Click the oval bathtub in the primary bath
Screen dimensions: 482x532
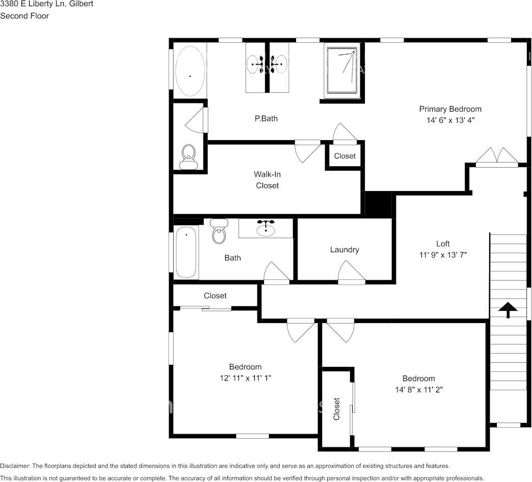(x=190, y=72)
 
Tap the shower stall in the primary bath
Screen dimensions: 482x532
(x=342, y=70)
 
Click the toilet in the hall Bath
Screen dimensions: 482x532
(x=219, y=231)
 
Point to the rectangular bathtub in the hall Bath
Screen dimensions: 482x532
(x=186, y=253)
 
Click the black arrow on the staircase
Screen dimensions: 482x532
(x=508, y=309)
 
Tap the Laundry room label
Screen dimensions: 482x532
(x=344, y=250)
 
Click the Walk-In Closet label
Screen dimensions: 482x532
(x=267, y=180)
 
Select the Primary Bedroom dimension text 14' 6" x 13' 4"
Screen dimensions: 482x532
(x=450, y=121)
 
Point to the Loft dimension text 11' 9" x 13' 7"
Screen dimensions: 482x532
(x=442, y=255)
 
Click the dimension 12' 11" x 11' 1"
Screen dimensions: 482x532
(x=245, y=378)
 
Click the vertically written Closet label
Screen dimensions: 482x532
(x=336, y=409)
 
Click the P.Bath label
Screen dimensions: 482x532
(x=266, y=119)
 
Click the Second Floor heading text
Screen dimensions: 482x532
(x=24, y=16)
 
